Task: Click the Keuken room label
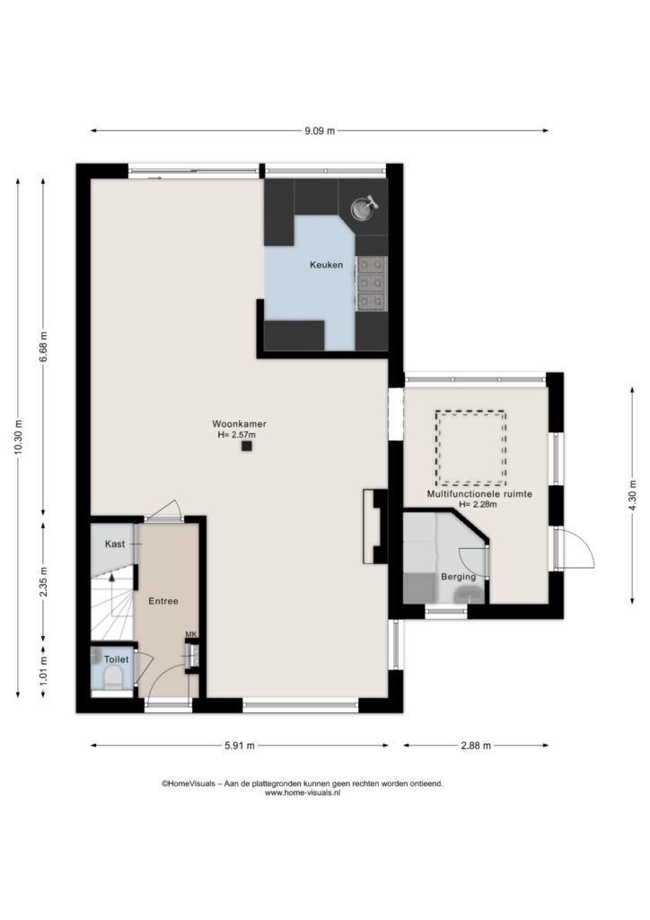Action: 327,265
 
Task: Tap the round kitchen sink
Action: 363,208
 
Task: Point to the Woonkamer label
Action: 239,424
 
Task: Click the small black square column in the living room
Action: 247,446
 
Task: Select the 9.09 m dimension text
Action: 320,131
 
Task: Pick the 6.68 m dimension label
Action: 43,349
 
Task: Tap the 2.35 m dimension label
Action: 43,582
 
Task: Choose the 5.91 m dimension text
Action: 240,746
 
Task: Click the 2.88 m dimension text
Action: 476,746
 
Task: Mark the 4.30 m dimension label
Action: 632,496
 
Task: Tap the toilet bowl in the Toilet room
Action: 112,679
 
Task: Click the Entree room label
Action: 163,601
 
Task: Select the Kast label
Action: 115,544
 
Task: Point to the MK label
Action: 191,634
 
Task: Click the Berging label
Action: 459,577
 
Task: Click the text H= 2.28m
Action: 479,504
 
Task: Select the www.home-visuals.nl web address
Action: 303,792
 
